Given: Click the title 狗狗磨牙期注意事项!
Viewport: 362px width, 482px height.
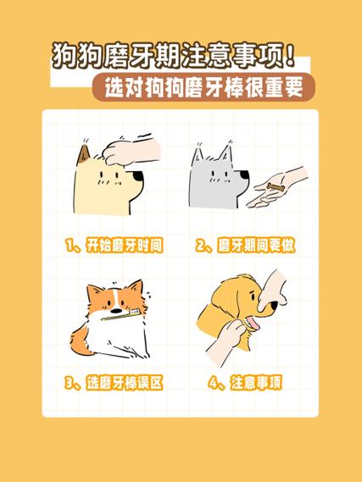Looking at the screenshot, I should (x=174, y=58).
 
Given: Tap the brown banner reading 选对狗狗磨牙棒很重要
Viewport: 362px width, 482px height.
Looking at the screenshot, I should (x=203, y=86).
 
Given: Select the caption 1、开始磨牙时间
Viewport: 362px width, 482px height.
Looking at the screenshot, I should (x=113, y=246).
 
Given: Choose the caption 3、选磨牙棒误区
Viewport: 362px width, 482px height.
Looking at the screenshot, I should (x=113, y=383).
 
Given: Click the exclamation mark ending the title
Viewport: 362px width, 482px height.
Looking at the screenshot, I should (x=291, y=58).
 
